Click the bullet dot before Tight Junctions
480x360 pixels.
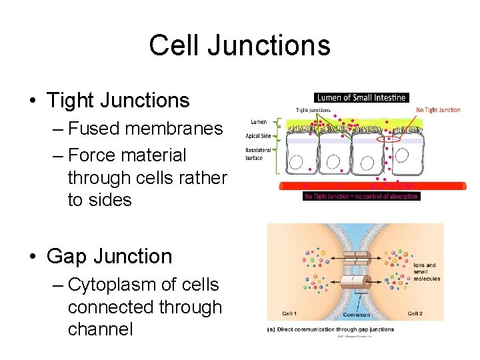32,101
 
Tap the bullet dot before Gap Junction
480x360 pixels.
32,257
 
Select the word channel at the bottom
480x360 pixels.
100,329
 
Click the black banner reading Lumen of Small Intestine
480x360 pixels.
361,97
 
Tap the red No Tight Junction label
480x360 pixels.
438,110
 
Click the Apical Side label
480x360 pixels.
258,136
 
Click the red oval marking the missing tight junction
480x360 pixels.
389,140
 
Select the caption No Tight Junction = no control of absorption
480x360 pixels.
361,197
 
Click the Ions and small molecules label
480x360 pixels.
426,272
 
